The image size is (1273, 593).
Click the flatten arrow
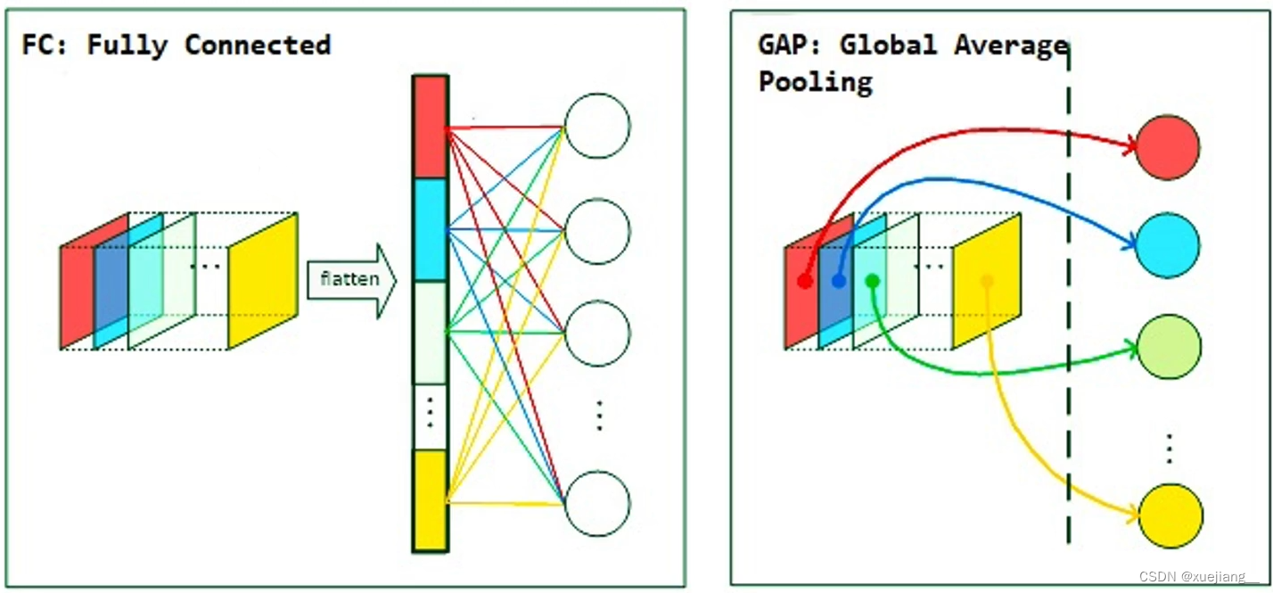[351, 280]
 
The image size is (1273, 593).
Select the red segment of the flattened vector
[430, 127]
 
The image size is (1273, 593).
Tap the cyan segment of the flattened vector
[430, 229]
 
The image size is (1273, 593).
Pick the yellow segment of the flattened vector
[430, 498]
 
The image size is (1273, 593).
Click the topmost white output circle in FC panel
[597, 126]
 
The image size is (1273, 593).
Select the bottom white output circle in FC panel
[597, 504]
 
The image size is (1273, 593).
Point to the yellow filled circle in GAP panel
[1169, 516]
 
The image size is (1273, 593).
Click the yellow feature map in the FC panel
[262, 281]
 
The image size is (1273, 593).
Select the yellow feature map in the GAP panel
[986, 282]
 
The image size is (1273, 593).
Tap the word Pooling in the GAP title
[815, 82]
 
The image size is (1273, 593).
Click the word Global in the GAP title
[888, 45]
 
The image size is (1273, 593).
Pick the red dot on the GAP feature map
[805, 281]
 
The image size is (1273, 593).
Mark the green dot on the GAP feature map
[872, 281]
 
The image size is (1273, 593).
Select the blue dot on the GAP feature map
[838, 281]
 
